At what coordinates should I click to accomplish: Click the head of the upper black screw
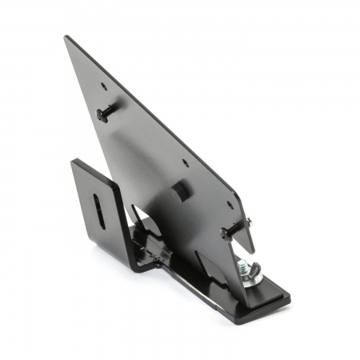(102, 114)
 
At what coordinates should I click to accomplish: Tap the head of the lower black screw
(226, 234)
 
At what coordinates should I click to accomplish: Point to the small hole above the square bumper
(186, 163)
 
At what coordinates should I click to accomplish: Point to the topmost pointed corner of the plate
(67, 37)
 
